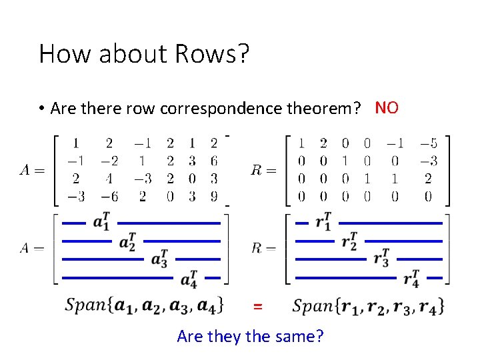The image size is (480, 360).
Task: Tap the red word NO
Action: (387, 107)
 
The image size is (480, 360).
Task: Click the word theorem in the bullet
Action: (319, 109)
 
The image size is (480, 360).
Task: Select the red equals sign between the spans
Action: (257, 307)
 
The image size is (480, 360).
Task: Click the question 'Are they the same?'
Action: (250, 336)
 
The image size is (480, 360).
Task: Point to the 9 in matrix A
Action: (213, 197)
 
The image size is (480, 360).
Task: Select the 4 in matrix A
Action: (109, 179)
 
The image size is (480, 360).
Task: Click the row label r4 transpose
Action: (412, 277)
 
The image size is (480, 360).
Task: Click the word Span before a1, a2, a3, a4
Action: (87, 305)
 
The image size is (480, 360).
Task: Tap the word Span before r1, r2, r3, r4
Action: (313, 306)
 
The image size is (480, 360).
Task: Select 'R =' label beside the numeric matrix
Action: (263, 170)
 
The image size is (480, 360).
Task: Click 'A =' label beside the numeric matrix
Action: (32, 170)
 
